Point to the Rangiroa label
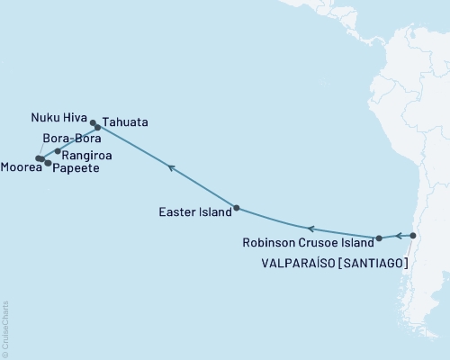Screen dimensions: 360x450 pyautogui.click(x=94, y=155)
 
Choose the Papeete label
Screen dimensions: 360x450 pyautogui.click(x=76, y=168)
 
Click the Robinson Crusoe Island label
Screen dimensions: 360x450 pyautogui.click(x=307, y=243)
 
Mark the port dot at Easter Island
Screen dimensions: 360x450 pyautogui.click(x=236, y=208)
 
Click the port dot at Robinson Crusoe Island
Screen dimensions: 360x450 pyautogui.click(x=379, y=238)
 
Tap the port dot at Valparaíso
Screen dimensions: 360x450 pyautogui.click(x=412, y=236)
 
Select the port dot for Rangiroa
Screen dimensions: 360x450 pyautogui.click(x=58, y=151)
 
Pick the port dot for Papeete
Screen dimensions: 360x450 pyautogui.click(x=48, y=163)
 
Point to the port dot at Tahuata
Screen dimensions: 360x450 pyautogui.click(x=98, y=128)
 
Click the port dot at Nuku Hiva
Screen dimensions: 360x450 pyautogui.click(x=93, y=121)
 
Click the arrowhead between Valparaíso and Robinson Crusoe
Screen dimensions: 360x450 pyautogui.click(x=398, y=237)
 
